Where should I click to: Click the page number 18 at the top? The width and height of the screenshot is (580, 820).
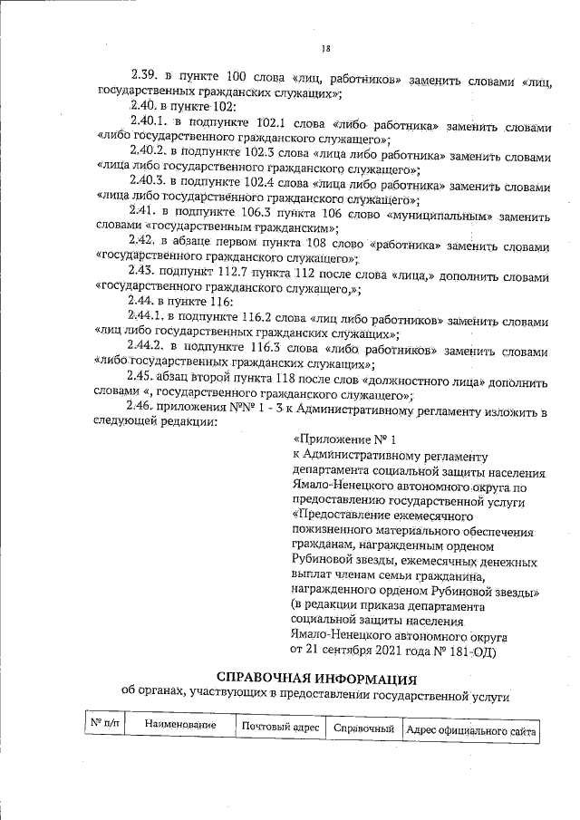point(326,48)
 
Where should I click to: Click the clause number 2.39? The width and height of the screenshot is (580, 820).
point(145,73)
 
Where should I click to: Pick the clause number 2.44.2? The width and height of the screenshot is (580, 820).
point(147,346)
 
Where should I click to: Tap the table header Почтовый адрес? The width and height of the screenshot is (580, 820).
point(280,728)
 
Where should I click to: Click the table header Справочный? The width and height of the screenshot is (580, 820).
point(363,728)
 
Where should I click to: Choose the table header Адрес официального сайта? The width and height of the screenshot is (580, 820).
point(471,729)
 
